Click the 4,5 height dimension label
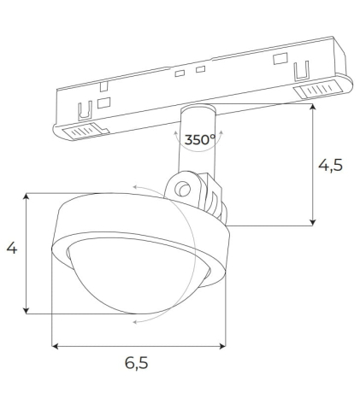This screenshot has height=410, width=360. point(331,166)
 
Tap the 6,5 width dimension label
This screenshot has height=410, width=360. point(137,363)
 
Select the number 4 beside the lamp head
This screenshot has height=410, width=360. point(11,249)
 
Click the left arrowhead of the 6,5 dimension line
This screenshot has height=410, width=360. point(56,346)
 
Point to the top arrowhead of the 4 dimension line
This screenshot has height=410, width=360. point(29,196)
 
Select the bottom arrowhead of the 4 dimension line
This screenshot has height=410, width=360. point(29,310)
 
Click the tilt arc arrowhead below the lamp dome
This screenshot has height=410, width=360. point(136,322)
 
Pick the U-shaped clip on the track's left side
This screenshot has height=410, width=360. point(85,110)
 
